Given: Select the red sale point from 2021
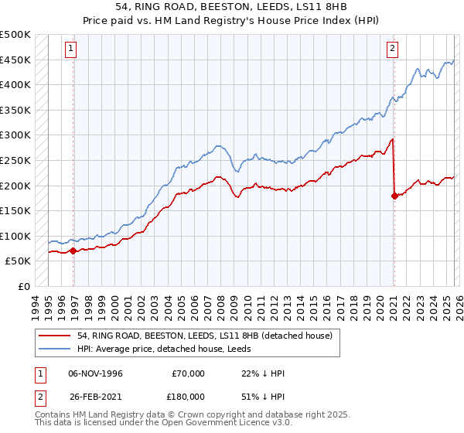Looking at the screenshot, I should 394,196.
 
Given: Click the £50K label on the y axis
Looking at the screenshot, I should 19,261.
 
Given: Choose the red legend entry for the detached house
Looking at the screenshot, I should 204,336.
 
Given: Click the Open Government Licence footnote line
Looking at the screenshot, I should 164,424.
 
